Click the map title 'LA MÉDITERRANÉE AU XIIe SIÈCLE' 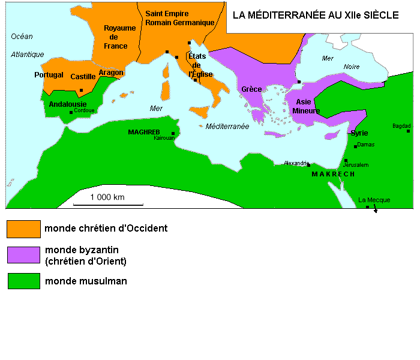click(x=315, y=16)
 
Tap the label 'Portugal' click(x=49, y=75)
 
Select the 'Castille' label click(x=83, y=76)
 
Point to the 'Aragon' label click(x=111, y=73)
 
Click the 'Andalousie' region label click(x=67, y=104)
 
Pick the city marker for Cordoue click(x=71, y=112)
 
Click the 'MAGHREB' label click(x=143, y=131)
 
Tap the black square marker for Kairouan click(x=173, y=133)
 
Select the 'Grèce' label click(x=251, y=89)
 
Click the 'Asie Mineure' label click(x=306, y=106)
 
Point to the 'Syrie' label click(x=359, y=133)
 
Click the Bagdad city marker click(x=408, y=131)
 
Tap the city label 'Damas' click(x=365, y=145)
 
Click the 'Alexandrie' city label click(x=296, y=163)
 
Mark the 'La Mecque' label click(x=374, y=200)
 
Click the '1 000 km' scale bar click(x=108, y=204)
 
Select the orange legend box click(x=23, y=229)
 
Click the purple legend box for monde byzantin click(x=23, y=255)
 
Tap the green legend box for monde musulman click(x=23, y=281)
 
